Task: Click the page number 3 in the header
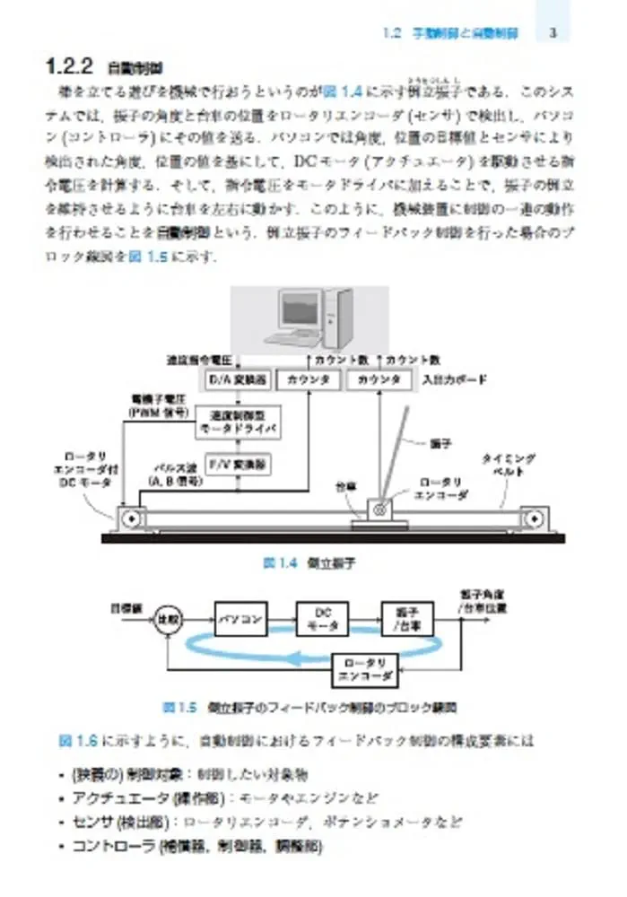[x=553, y=34]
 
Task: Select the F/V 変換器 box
[x=237, y=465]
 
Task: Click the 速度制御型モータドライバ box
[x=237, y=422]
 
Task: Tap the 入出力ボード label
[x=454, y=379]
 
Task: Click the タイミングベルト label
[x=508, y=465]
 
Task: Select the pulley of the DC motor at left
[x=131, y=518]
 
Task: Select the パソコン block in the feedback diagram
[x=240, y=619]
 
